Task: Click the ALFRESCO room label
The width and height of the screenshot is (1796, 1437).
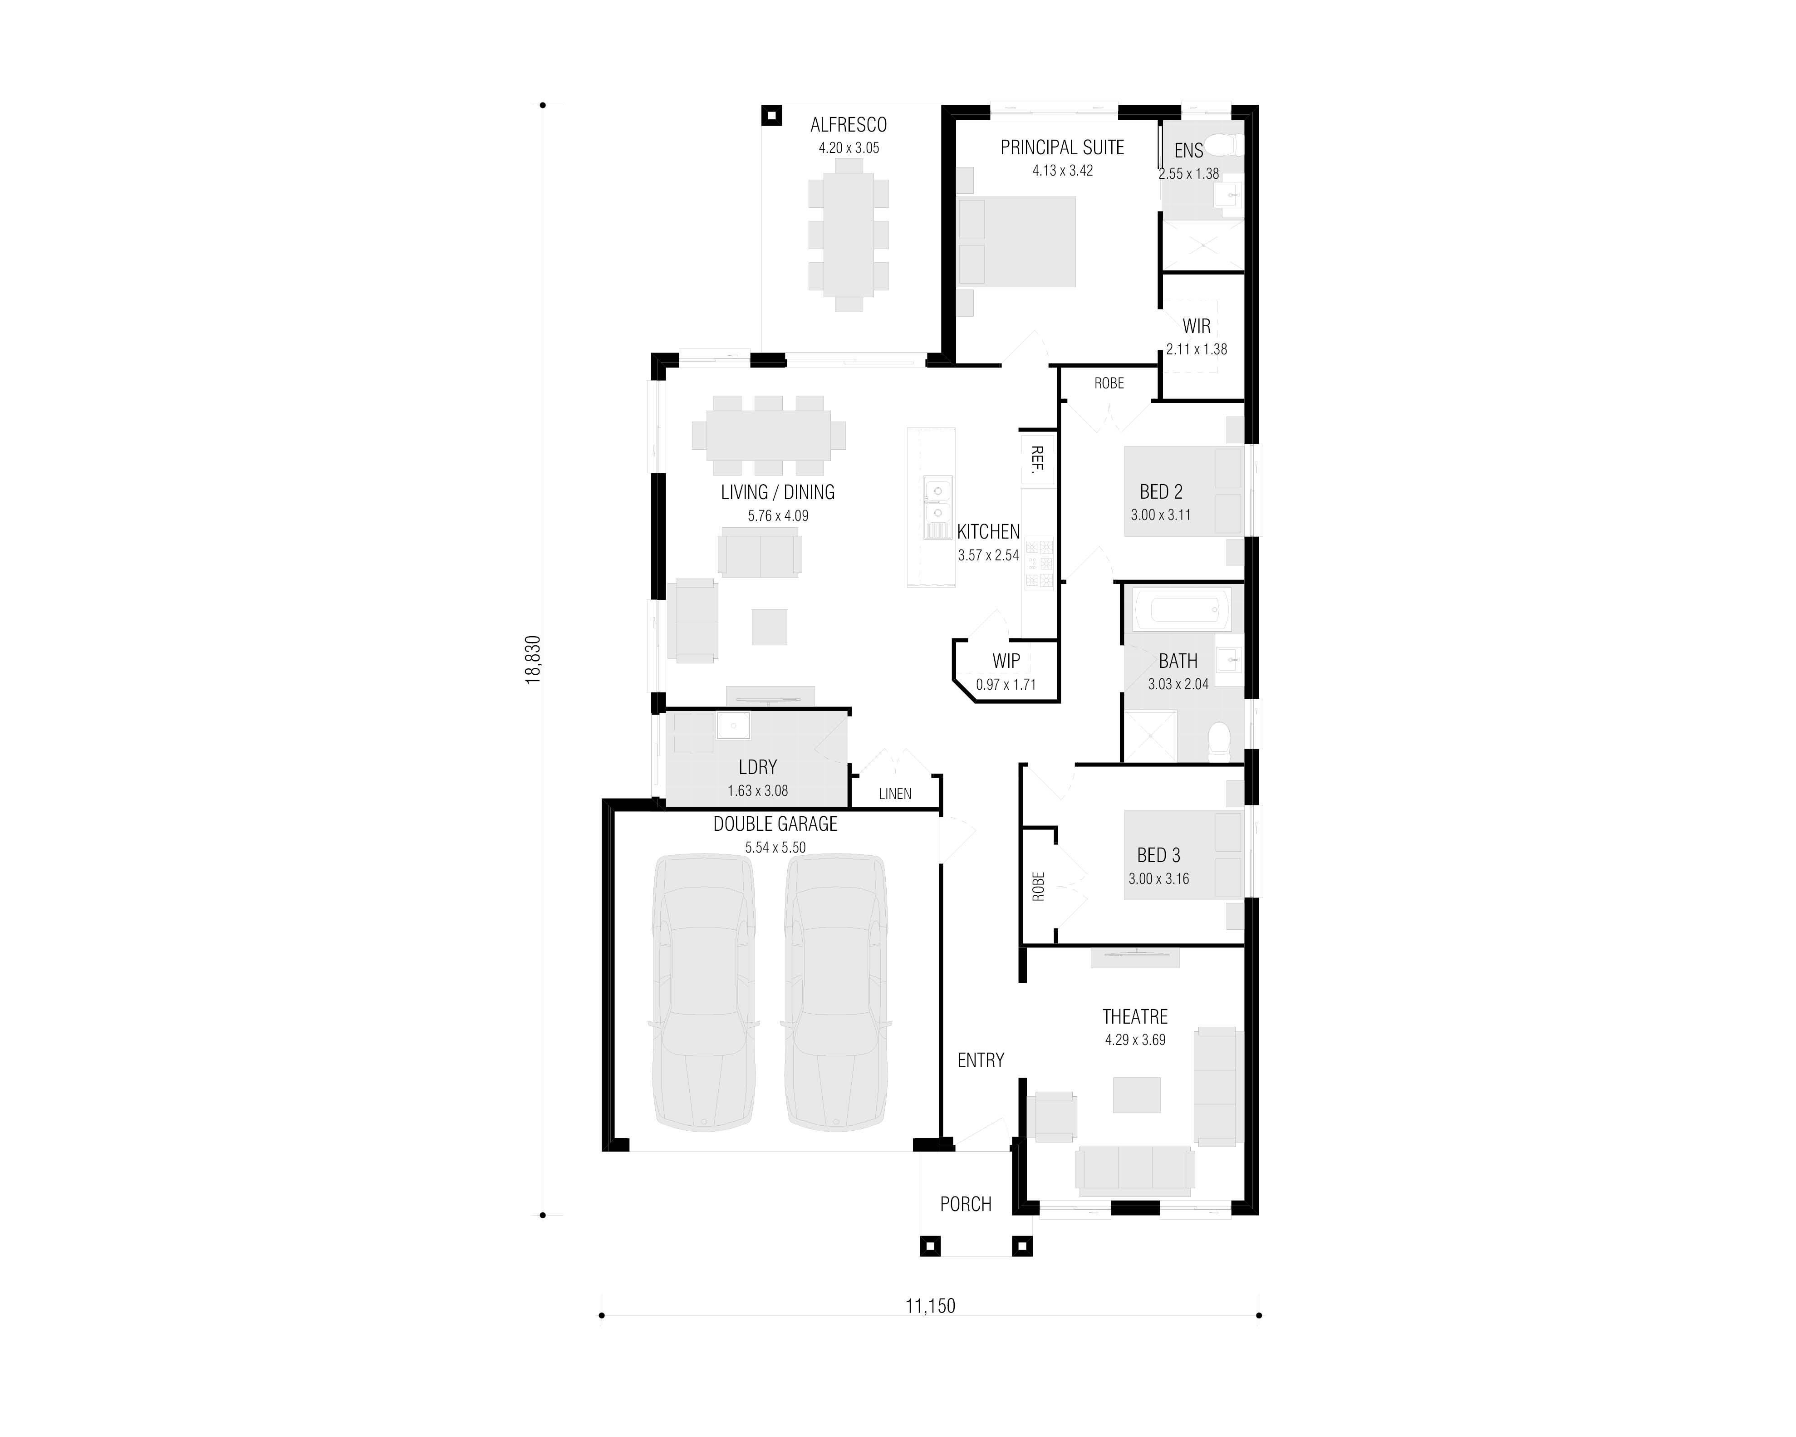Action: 848,125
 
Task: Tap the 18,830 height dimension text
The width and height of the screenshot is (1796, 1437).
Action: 533,660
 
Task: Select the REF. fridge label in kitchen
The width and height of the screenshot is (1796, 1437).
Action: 1037,459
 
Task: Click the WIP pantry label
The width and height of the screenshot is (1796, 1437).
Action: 1006,661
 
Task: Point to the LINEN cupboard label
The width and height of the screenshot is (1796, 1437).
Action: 895,794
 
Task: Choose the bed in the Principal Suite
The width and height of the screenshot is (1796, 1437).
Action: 1018,241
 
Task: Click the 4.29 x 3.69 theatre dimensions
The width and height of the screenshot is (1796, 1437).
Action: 1134,1040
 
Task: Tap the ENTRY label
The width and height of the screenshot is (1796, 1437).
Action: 981,1060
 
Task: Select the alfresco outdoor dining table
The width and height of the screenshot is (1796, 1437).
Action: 848,235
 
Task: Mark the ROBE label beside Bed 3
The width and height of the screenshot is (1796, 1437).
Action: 1038,886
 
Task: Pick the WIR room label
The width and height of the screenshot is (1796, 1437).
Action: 1196,327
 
